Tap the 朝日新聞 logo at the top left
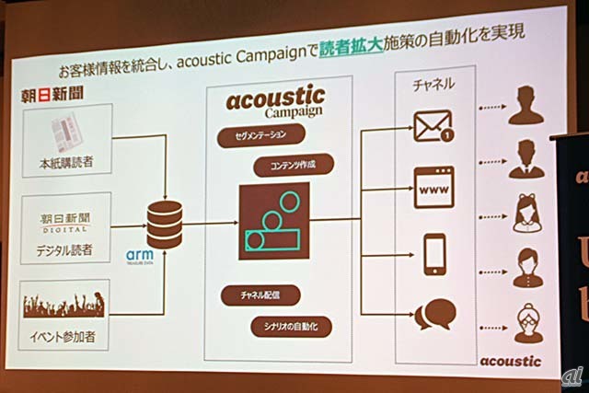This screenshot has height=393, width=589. tap(54, 94)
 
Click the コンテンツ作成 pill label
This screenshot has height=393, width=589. tap(290, 167)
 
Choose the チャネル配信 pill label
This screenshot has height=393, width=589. tap(260, 295)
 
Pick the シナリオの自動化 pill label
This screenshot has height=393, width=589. tap(290, 327)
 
